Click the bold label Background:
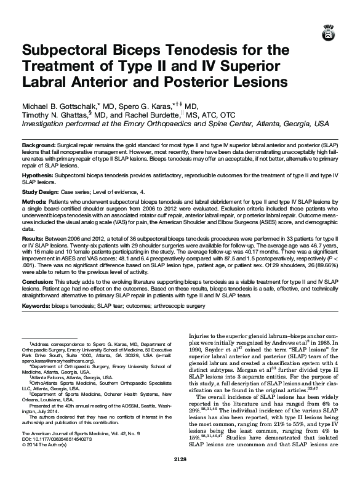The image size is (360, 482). [38, 143]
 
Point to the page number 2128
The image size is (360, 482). [180, 476]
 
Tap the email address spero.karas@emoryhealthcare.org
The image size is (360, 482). [61, 360]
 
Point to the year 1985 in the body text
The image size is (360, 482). [324, 342]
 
